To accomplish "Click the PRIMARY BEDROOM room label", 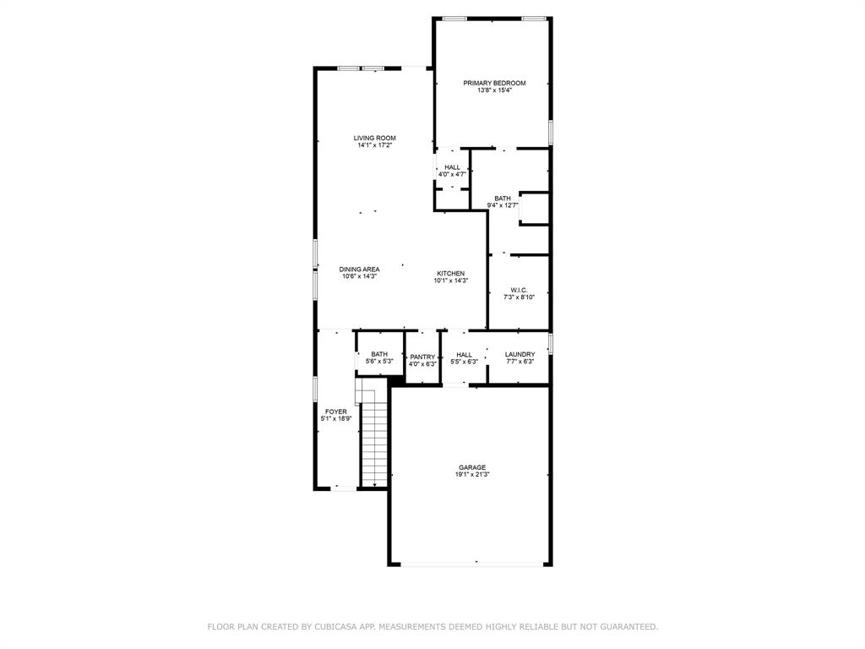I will pyautogui.click(x=494, y=83).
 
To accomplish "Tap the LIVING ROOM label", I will pyautogui.click(x=374, y=138).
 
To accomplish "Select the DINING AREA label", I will pyautogui.click(x=359, y=270).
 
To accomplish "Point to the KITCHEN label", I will pyautogui.click(x=450, y=273).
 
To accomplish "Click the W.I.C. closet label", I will pyautogui.click(x=519, y=290).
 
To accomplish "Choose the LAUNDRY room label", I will pyautogui.click(x=520, y=354).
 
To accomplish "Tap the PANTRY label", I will pyautogui.click(x=422, y=357).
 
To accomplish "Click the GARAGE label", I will pyautogui.click(x=472, y=467).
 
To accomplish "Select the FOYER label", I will pyautogui.click(x=335, y=412).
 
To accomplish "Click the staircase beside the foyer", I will pyautogui.click(x=374, y=439).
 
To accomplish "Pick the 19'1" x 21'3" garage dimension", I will pyautogui.click(x=472, y=475).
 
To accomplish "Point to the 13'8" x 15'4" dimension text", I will pyautogui.click(x=494, y=90).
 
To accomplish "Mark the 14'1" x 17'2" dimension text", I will pyautogui.click(x=374, y=145).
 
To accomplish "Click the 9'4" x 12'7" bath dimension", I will pyautogui.click(x=502, y=205).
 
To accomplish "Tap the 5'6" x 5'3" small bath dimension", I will pyautogui.click(x=379, y=362).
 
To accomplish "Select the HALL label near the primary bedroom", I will pyautogui.click(x=452, y=167).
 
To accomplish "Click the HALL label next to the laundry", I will pyautogui.click(x=464, y=355).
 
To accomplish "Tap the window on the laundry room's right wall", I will pyautogui.click(x=551, y=344).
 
